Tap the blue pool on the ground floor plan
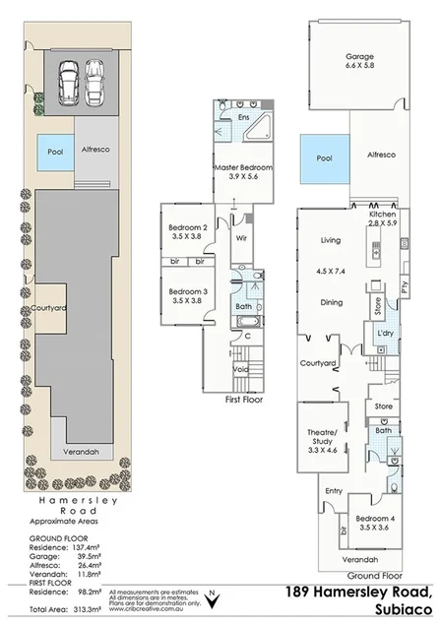[x=324, y=157]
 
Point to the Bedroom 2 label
[x=186, y=232]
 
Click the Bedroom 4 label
[x=374, y=523]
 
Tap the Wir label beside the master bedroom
[x=240, y=237]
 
